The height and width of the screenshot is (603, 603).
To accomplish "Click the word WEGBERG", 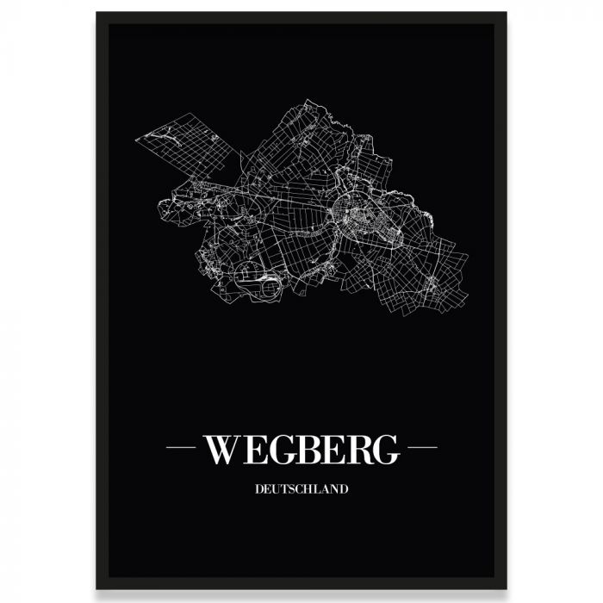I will coord(301,448).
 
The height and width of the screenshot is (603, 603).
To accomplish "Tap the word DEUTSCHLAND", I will coord(301,489).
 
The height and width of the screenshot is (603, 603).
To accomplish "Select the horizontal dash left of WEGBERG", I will coord(180,448).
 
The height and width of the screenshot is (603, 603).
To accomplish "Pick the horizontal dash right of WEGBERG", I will coord(422,448).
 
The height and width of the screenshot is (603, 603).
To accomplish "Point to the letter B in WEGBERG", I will coord(303,448).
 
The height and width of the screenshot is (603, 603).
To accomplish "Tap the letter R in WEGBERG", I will coord(356,448).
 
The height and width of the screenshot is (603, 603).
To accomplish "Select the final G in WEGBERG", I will coord(385,448).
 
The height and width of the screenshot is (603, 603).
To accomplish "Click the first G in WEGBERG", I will coord(275,448).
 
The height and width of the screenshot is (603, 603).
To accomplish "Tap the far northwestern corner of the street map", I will coord(137,135).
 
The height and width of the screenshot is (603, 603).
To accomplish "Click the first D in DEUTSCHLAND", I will coord(259,489).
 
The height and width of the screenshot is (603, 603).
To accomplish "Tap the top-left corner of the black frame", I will coord(97,14).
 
